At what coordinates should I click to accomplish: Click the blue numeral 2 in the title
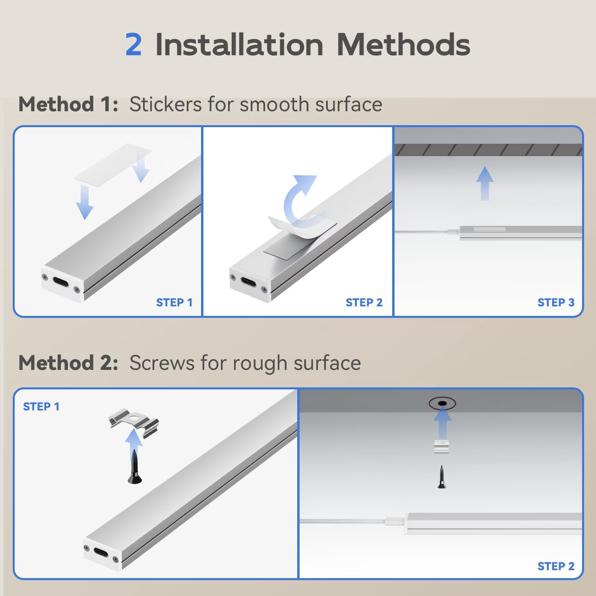coord(134,45)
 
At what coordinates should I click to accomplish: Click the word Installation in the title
coord(239,44)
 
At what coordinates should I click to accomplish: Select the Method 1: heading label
coord(68,104)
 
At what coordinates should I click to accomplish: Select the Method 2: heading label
coord(68,363)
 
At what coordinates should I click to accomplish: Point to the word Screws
coord(162,363)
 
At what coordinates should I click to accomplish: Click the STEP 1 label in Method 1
coord(174,302)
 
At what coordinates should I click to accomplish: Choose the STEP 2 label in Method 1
coord(364,302)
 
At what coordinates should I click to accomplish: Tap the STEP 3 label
coord(556,302)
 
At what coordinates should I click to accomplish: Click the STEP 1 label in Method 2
coord(41,406)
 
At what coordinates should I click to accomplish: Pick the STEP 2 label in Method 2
coord(556,566)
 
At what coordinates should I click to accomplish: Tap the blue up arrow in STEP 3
coord(485,183)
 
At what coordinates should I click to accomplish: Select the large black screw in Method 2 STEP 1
coord(135,466)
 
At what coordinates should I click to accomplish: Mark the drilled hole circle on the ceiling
coord(442,404)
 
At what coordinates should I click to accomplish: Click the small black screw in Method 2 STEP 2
coord(442,477)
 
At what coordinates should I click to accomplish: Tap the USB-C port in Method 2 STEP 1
coord(101,553)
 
